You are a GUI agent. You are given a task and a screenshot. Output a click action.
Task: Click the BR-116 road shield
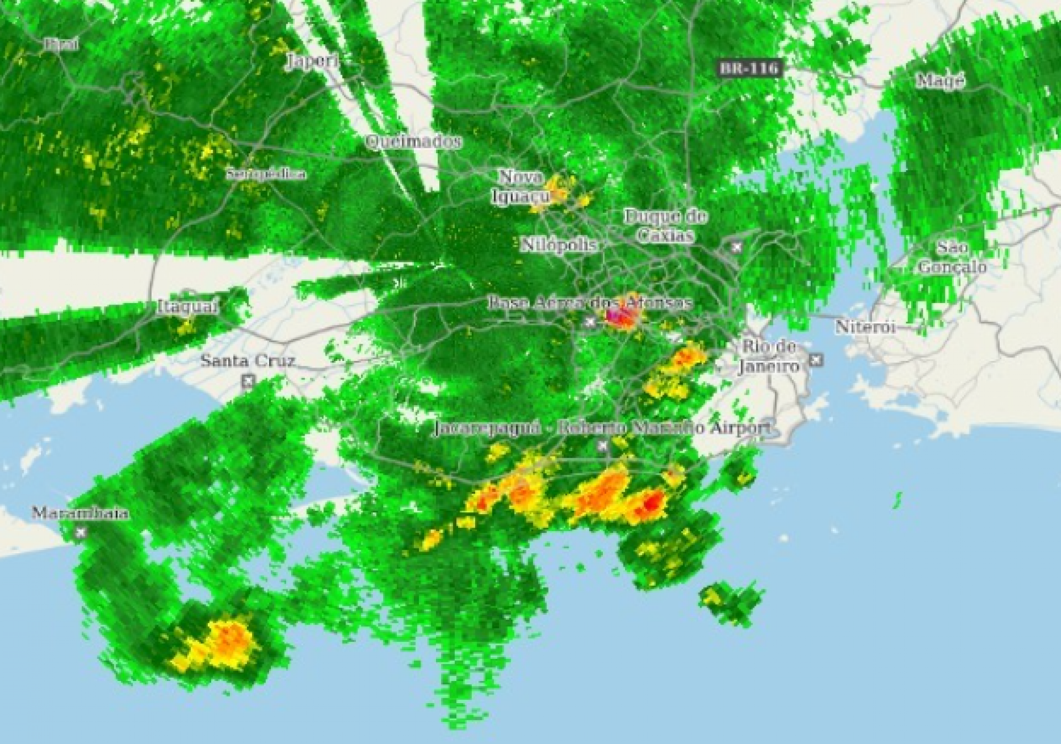tap(749, 69)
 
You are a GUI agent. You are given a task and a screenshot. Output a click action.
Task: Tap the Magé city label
tap(940, 81)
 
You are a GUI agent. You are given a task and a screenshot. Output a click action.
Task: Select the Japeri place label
tap(313, 60)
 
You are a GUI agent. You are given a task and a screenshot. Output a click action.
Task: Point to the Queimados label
tap(413, 142)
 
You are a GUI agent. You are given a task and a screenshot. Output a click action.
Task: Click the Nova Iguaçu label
tap(521, 186)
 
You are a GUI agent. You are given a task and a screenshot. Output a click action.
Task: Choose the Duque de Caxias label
tap(666, 226)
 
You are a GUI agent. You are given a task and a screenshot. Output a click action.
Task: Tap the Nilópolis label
tap(559, 244)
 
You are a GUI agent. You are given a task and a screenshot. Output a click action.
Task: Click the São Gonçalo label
tap(952, 257)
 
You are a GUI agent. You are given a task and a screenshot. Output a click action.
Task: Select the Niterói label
tap(865, 326)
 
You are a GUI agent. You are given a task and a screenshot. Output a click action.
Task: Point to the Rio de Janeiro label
tap(769, 357)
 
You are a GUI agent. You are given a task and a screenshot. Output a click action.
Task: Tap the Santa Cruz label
tap(248, 361)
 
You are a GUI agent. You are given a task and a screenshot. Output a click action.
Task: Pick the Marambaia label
tap(81, 513)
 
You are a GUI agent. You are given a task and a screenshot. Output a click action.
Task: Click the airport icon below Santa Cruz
tap(248, 381)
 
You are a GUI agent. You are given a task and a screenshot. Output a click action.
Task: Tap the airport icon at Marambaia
tap(81, 532)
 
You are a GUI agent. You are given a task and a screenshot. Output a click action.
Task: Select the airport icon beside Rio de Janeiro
tap(816, 360)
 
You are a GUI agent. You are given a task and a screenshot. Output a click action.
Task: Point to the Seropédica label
tap(266, 174)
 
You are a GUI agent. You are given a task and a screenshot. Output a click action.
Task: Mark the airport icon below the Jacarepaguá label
tap(603, 445)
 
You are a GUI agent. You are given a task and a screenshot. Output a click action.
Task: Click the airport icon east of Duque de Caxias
tap(736, 247)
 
